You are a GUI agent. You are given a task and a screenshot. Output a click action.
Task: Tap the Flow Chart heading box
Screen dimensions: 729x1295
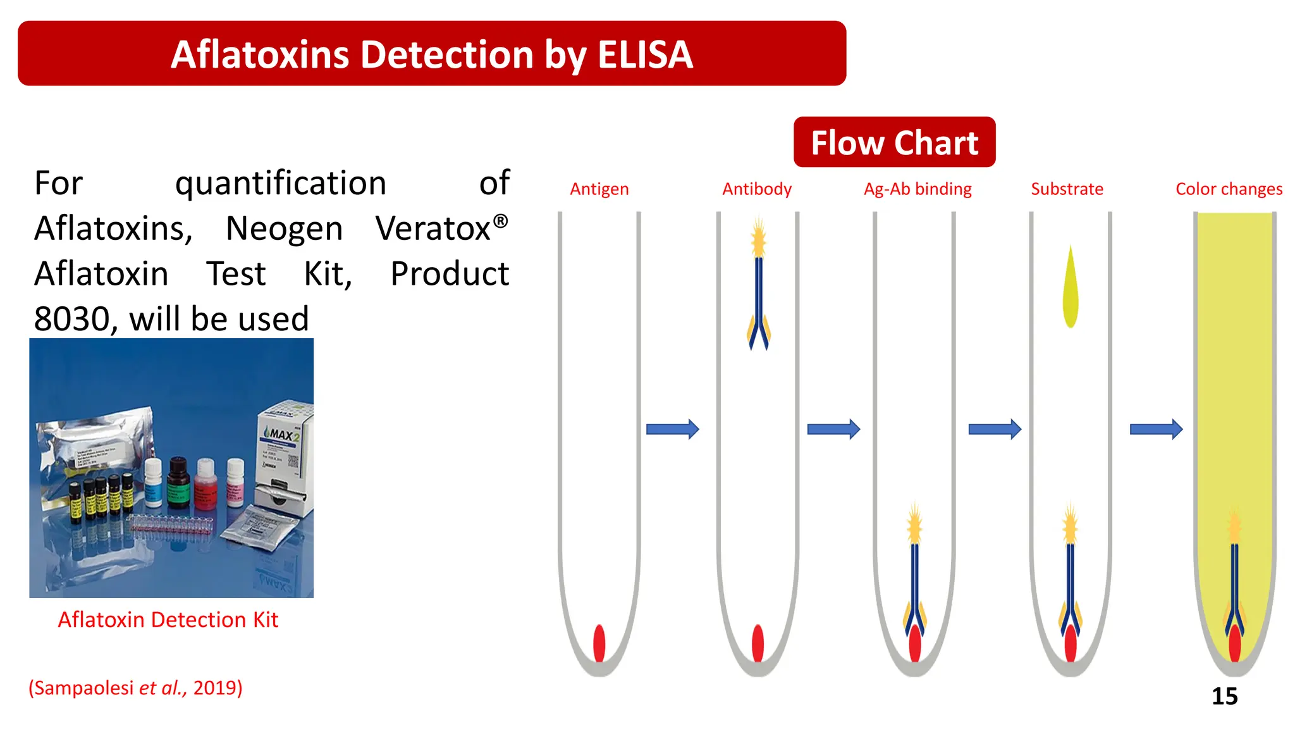coord(894,142)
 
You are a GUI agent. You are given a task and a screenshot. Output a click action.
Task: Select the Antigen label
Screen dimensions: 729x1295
coord(599,189)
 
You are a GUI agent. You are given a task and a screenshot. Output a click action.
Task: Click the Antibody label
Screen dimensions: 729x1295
coord(757,189)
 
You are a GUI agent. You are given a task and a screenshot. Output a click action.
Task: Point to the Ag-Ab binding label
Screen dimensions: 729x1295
coord(918,189)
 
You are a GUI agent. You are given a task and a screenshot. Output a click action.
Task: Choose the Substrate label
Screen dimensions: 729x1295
coord(1067,189)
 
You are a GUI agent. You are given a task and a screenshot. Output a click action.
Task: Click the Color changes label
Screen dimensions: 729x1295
coord(1229,189)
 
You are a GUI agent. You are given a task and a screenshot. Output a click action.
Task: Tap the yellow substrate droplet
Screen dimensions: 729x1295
coord(1070,291)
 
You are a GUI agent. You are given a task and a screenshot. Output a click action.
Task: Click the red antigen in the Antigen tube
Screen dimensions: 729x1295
coord(599,643)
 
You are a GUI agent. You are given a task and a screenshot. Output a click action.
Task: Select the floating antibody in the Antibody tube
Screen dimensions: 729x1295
coord(758,291)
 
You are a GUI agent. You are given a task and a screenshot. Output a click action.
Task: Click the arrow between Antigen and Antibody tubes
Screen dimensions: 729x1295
coord(672,429)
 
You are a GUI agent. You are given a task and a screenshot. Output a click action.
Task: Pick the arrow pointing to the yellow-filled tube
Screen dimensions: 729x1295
coord(1155,429)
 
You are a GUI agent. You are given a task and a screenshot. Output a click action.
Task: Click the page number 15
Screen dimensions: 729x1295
coord(1224,696)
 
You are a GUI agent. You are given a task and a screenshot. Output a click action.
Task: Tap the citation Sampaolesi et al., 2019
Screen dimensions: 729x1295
coord(135,688)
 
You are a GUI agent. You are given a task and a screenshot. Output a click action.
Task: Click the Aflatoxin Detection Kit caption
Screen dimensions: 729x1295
coord(168,620)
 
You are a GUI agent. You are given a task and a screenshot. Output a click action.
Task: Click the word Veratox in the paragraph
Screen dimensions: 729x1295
coord(433,228)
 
